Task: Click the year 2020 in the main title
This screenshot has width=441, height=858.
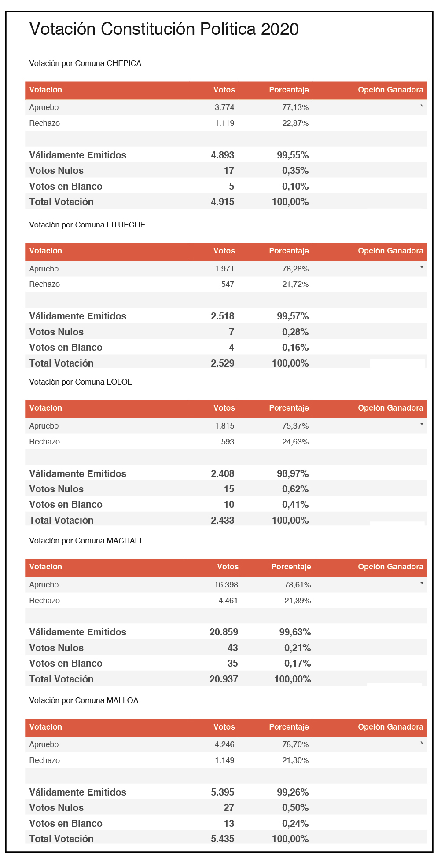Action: pyautogui.click(x=280, y=29)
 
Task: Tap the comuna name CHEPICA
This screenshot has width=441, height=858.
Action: pyautogui.click(x=124, y=63)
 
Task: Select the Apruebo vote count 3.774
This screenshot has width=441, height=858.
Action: pyautogui.click(x=224, y=107)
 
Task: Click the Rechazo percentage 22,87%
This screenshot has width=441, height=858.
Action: pyautogui.click(x=295, y=123)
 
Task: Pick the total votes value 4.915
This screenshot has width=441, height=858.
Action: pyautogui.click(x=223, y=202)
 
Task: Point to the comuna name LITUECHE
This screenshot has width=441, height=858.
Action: pyautogui.click(x=126, y=225)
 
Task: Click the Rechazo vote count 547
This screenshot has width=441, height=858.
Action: pyautogui.click(x=228, y=284)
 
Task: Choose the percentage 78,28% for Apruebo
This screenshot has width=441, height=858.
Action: pyautogui.click(x=295, y=269)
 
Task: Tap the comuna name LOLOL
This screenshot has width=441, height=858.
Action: pyautogui.click(x=119, y=382)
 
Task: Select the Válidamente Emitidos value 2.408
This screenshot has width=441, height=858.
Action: pyautogui.click(x=223, y=474)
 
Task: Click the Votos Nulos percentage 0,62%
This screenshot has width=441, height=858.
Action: pyautogui.click(x=295, y=489)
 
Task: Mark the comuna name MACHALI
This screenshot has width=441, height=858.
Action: pyautogui.click(x=124, y=541)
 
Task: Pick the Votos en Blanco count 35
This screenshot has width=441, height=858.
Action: pyautogui.click(x=233, y=664)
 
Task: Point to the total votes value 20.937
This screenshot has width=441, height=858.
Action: pyautogui.click(x=224, y=679)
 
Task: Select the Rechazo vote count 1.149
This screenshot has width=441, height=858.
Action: pyautogui.click(x=224, y=760)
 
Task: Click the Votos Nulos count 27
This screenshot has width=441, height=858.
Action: pyautogui.click(x=229, y=808)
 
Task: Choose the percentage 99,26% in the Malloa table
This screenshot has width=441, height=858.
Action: pyautogui.click(x=293, y=792)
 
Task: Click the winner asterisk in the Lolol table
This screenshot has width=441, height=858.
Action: pyautogui.click(x=422, y=425)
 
